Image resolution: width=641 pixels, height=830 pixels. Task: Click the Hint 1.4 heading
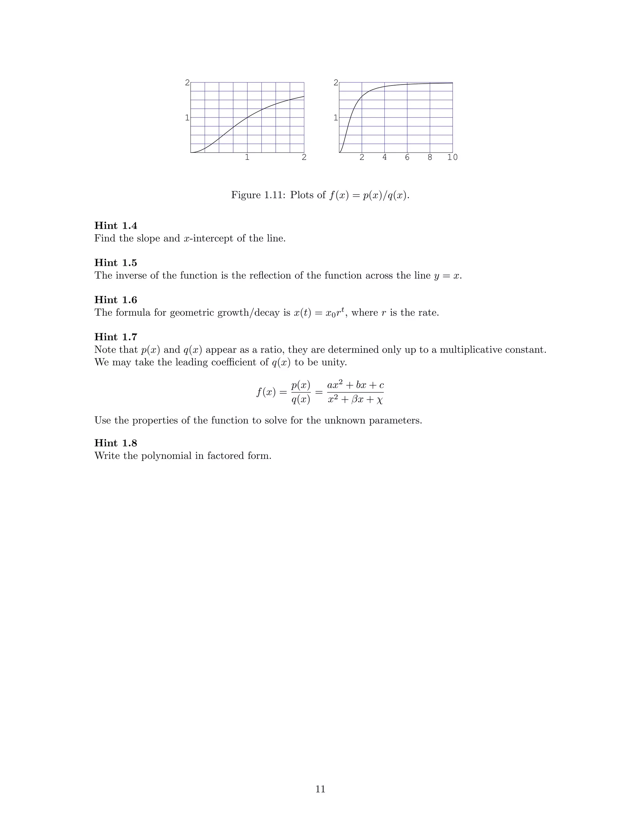pos(115,226)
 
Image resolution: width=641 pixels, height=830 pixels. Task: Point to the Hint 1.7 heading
pos(115,337)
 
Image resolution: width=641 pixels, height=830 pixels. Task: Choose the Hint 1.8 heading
pos(115,443)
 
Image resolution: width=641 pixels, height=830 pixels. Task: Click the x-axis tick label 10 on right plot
pos(452,157)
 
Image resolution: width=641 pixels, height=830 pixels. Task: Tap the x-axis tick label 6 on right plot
pos(407,157)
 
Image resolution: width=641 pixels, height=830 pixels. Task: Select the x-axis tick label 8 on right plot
pos(430,157)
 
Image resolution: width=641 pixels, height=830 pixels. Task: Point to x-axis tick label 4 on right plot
pos(384,157)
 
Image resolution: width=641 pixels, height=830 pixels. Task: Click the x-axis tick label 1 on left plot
pos(247,157)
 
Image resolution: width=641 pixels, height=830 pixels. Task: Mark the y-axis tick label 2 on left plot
pos(187,82)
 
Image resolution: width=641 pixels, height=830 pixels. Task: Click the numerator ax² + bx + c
pos(356,385)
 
